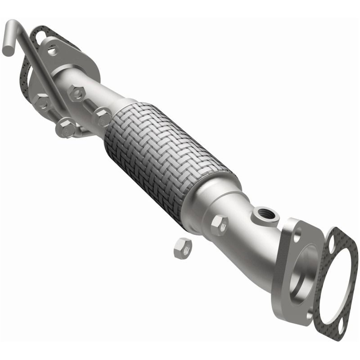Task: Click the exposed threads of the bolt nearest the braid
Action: [90, 106]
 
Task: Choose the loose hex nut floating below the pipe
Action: [182, 247]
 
